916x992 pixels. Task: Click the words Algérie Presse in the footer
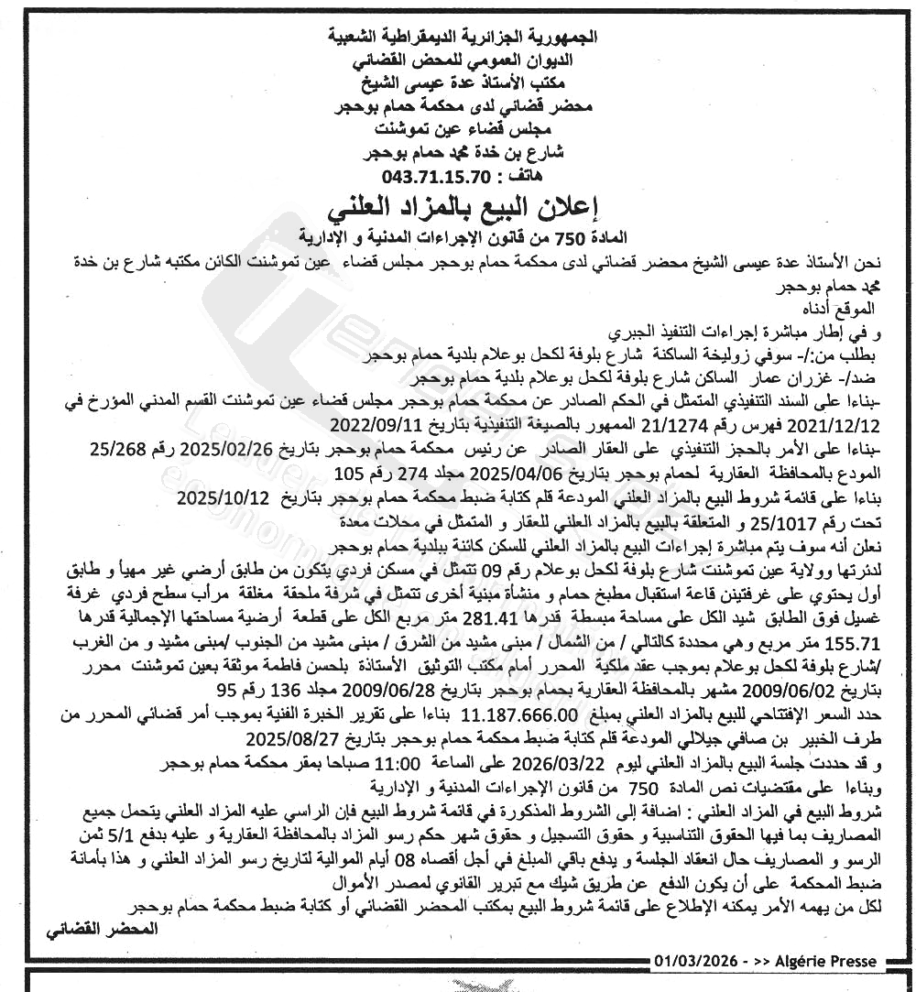(825, 961)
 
